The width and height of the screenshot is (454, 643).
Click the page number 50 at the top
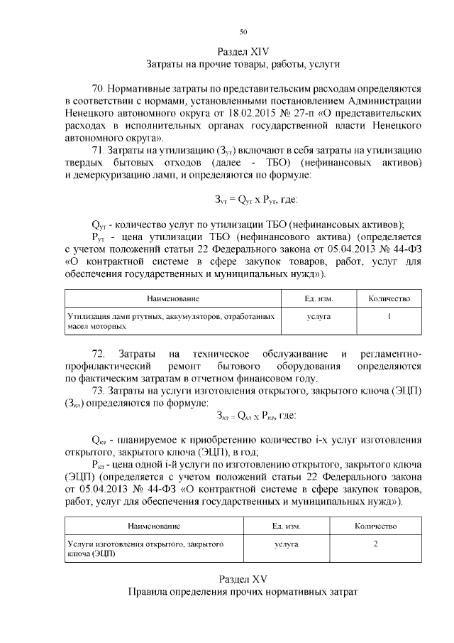(243, 32)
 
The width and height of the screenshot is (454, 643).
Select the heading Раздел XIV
(243, 51)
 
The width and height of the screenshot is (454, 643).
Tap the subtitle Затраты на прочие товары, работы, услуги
(243, 65)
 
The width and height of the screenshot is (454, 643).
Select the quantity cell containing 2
(375, 544)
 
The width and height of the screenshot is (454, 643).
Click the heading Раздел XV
(243, 578)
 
